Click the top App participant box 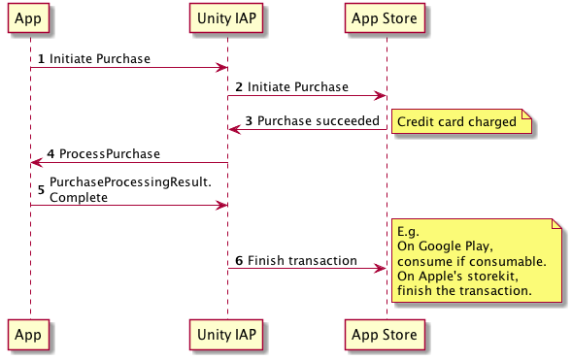tap(28, 18)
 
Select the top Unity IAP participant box tap(226, 18)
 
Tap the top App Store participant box tap(385, 18)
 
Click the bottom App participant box tap(28, 335)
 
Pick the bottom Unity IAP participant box tap(226, 335)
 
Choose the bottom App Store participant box tap(385, 335)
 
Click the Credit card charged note tap(461, 121)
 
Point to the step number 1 tap(41, 59)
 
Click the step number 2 tap(239, 87)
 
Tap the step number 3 tap(249, 121)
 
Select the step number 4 tap(50, 153)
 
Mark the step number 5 tap(41, 189)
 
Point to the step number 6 tap(239, 260)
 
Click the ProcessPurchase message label tap(110, 153)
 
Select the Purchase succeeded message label tap(319, 120)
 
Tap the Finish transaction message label tap(302, 260)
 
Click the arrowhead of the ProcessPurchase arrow tap(37, 162)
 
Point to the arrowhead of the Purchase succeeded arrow tap(235, 129)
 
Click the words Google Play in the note tap(455, 246)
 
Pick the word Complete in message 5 tap(79, 198)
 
